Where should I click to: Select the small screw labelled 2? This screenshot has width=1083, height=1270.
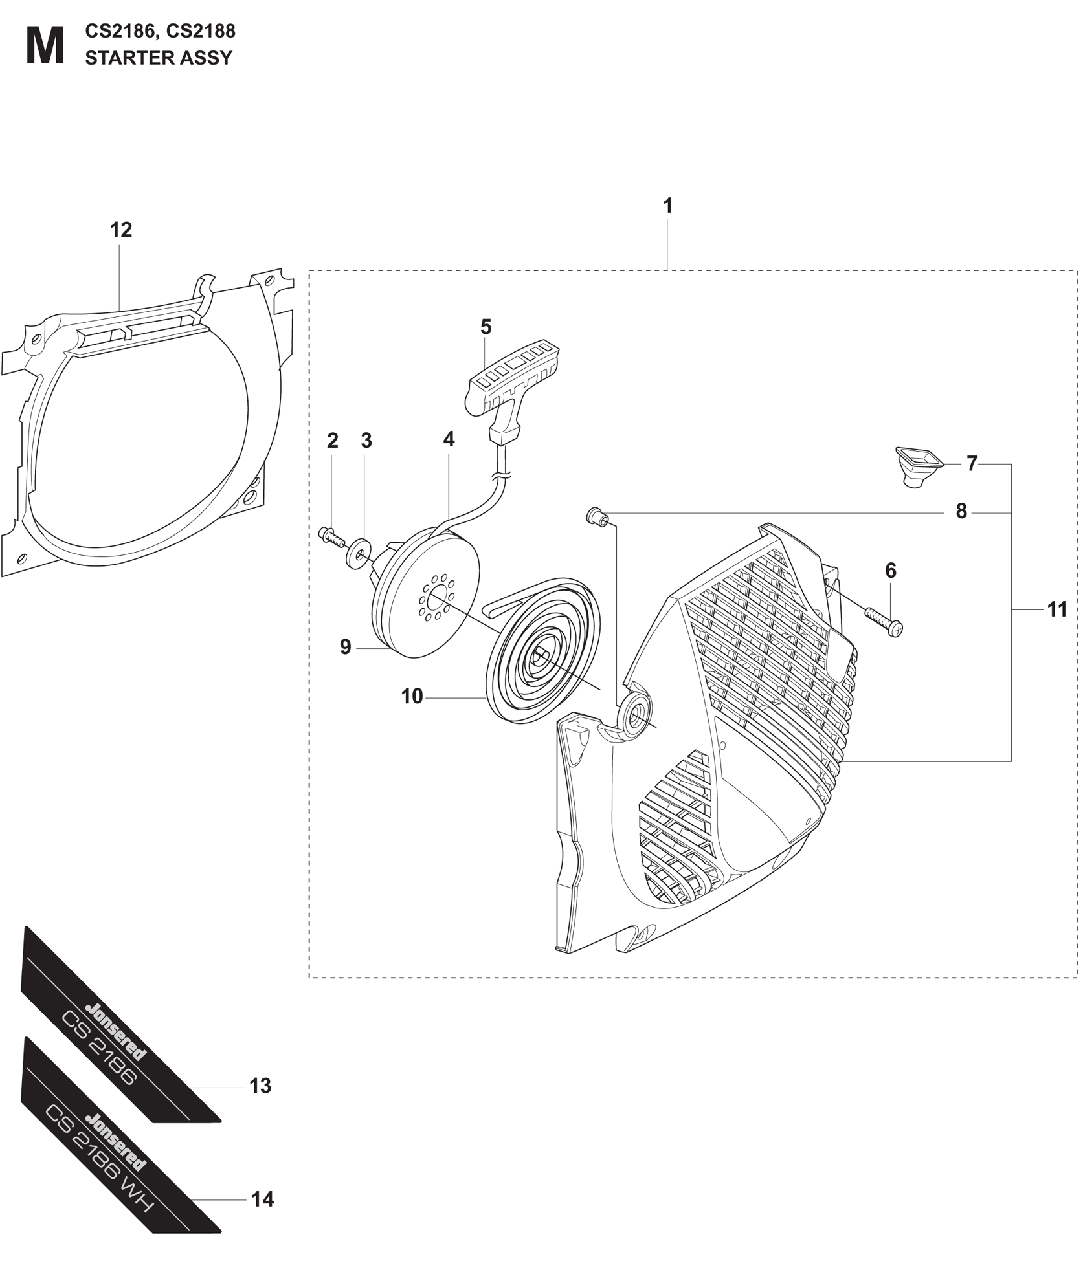coord(331,536)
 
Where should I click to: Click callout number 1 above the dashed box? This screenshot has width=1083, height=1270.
coord(668,206)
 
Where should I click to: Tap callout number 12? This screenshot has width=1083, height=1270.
coord(121,230)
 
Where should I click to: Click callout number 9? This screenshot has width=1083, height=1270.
coord(346,647)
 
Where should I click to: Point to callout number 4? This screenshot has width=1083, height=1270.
coord(449,439)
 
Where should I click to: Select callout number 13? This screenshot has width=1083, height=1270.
coord(260,1086)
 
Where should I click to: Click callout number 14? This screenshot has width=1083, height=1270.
coord(262,1200)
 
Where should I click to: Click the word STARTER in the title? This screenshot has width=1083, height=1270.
coord(122,58)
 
